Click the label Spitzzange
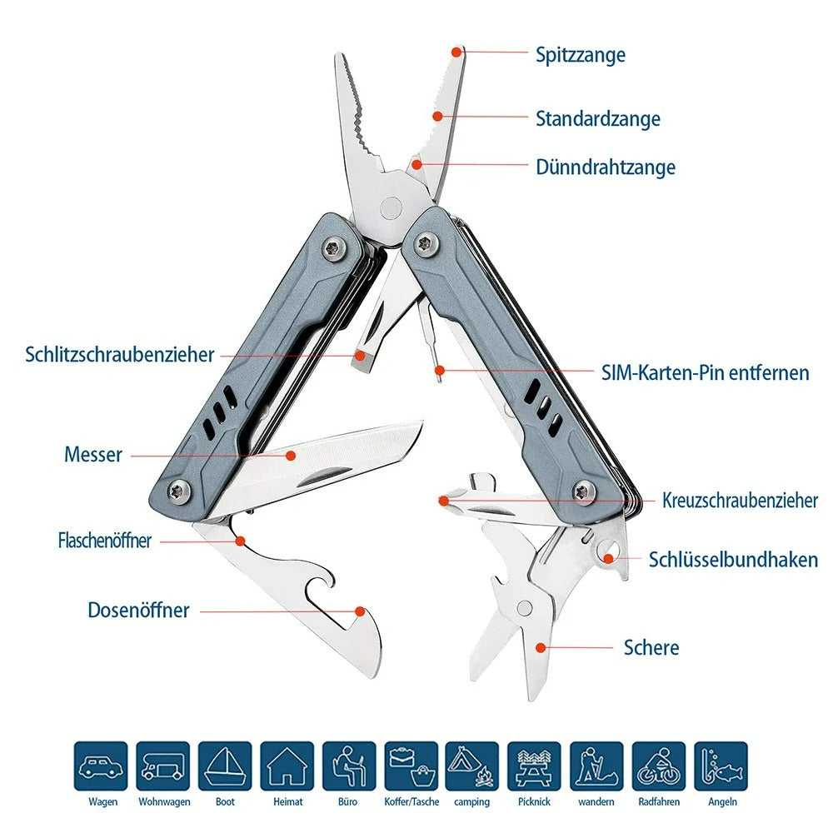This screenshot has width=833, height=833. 580,56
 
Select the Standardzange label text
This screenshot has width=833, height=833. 597,119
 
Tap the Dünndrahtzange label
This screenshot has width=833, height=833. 605,167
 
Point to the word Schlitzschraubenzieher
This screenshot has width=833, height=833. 120,355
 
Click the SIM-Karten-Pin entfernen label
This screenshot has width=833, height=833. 705,372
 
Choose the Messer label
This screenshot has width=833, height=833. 93,455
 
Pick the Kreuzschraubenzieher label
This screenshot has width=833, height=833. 740,501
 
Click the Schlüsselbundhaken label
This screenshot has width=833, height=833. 733,560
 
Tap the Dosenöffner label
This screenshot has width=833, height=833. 138,611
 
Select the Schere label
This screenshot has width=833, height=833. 651,647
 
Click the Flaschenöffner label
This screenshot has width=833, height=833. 105,541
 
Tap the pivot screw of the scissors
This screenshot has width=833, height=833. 525,609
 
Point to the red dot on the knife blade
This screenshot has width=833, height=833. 291,455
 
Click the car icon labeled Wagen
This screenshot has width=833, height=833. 101,766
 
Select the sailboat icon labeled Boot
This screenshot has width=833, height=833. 225,766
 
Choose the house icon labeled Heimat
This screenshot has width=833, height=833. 287,766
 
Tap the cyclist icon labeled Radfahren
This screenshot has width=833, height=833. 658,766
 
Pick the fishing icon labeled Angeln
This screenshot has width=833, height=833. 721,766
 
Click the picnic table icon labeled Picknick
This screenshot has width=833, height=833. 534,766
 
